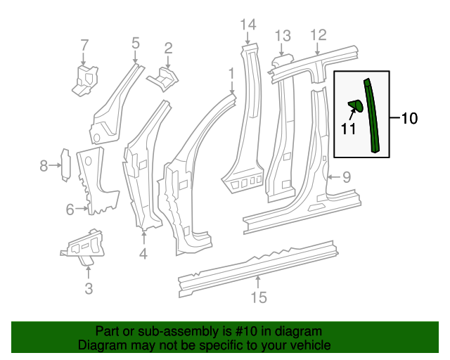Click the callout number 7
click(84, 45)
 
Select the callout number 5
click(136, 43)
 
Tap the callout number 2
click(168, 48)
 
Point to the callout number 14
click(247, 26)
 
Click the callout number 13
click(282, 35)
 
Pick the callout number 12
click(318, 34)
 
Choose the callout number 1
click(231, 73)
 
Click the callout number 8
click(44, 166)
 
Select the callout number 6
click(70, 209)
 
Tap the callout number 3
click(88, 288)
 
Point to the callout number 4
click(143, 253)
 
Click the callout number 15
click(259, 297)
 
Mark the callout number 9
click(346, 177)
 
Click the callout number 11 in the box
click(348, 128)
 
